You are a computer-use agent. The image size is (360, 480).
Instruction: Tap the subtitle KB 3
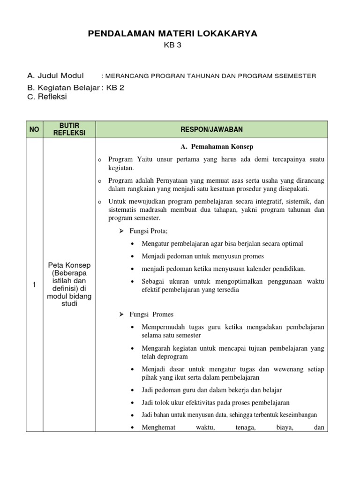coord(172,45)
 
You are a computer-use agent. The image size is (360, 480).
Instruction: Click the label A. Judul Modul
coord(56,75)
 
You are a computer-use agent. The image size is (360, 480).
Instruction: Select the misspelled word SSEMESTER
coord(294,76)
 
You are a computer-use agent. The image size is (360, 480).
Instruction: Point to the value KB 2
coord(115,87)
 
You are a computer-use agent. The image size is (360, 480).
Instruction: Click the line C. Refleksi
coord(47,97)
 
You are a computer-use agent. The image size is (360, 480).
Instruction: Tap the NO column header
coord(34,129)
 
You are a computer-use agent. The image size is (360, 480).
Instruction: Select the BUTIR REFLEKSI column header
coord(69,129)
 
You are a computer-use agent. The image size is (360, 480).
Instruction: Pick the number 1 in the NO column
coord(34,285)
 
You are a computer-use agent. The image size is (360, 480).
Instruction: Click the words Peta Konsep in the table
coord(69,265)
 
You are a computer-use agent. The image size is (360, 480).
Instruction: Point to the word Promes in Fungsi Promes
coord(164,314)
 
